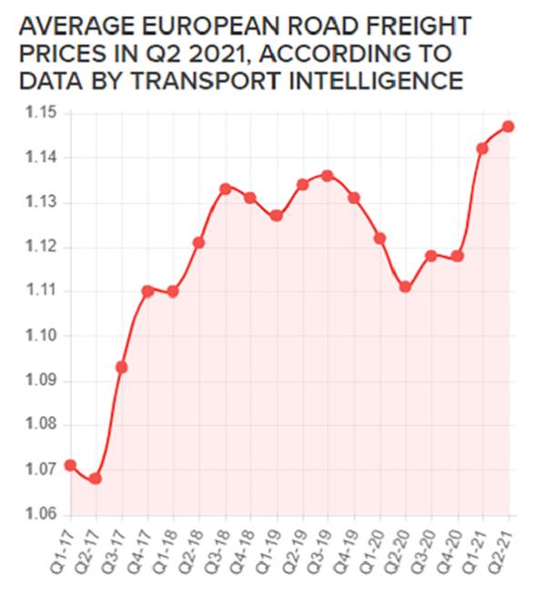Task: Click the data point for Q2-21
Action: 508,126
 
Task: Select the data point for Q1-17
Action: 70,466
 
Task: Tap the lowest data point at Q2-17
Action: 96,478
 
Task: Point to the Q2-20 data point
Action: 405,287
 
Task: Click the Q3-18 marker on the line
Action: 225,189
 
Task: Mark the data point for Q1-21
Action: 482,148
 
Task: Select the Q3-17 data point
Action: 121,367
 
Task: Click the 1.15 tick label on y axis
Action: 41,113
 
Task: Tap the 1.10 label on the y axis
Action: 41,336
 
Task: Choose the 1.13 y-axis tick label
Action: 41,202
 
